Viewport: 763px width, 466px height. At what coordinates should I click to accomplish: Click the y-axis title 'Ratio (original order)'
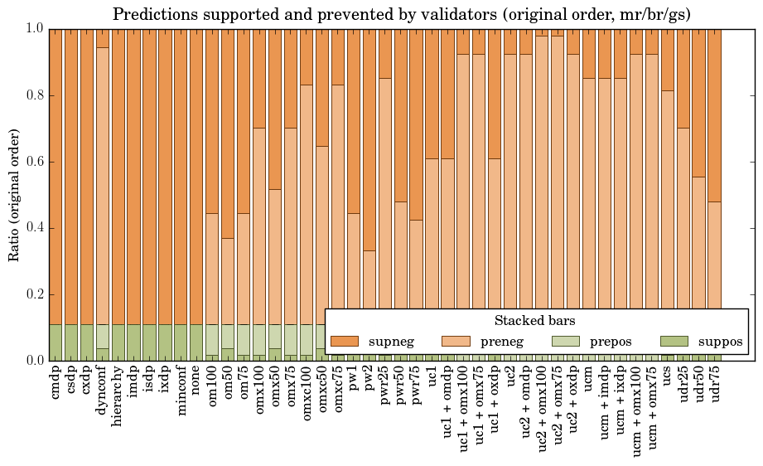(x=14, y=194)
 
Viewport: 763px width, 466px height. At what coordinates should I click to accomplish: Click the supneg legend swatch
(x=344, y=341)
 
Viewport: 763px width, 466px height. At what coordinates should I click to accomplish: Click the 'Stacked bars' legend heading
(x=534, y=321)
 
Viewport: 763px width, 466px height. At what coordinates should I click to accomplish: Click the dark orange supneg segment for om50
(x=228, y=133)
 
